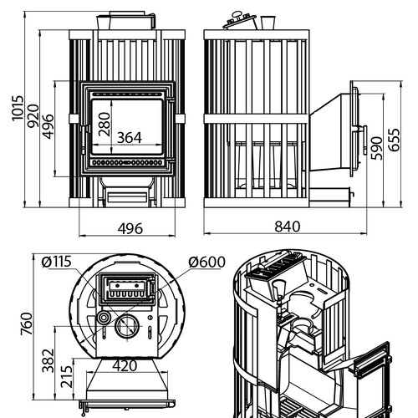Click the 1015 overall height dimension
(18, 109)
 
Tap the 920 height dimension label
(33, 116)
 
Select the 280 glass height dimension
(104, 124)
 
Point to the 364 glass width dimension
(130, 138)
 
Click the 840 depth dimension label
(288, 227)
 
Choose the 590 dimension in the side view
(377, 148)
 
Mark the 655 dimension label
(394, 140)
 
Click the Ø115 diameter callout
(57, 262)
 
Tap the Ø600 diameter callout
(206, 262)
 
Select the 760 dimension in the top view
(27, 324)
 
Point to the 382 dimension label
(48, 360)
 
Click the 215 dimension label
(66, 377)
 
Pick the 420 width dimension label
(125, 366)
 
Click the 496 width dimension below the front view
(130, 229)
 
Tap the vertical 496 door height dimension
(48, 126)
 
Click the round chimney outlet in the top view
(127, 326)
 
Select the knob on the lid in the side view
(237, 15)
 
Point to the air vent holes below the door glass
(127, 162)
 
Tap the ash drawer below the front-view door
(127, 196)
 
